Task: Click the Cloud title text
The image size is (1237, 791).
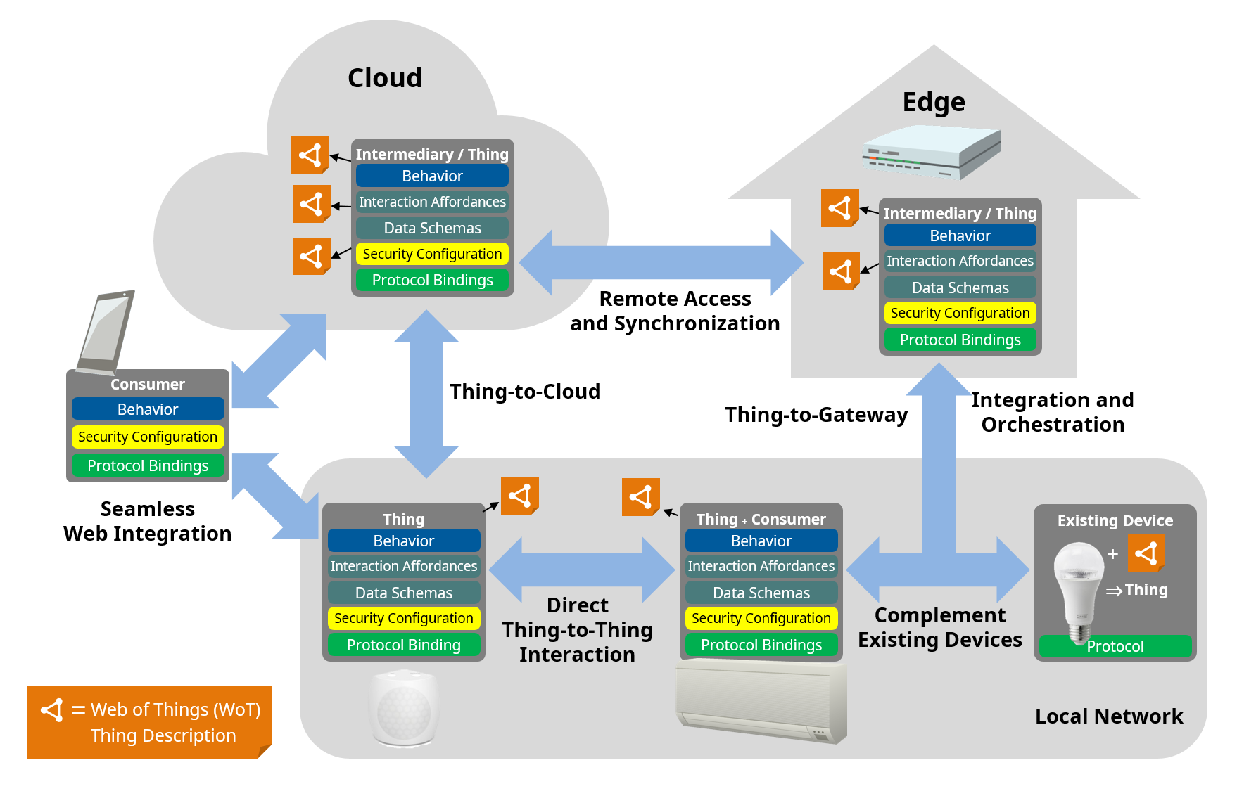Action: coord(384,77)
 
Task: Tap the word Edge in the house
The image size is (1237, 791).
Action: coord(934,102)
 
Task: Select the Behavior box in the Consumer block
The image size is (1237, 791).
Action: coord(148,409)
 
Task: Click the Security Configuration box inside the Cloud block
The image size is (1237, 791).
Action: coord(432,254)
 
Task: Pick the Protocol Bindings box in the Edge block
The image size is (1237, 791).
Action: coord(960,340)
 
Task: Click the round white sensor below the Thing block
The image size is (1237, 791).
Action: coord(404,709)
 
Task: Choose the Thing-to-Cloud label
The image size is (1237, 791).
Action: coord(525,392)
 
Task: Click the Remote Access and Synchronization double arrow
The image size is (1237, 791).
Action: coord(661,262)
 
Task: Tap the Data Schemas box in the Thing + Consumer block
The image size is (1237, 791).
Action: coord(761,593)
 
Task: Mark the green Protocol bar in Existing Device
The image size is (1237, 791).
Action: coord(1115,646)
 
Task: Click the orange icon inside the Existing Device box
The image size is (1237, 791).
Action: coord(1146,553)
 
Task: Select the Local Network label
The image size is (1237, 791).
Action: coord(1109,716)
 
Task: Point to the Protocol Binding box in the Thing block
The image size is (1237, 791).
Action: coord(404,645)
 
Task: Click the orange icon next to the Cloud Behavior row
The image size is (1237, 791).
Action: coord(310,155)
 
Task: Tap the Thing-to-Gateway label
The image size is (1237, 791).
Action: coord(816,415)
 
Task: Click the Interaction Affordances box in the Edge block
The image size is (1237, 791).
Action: coord(960,261)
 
